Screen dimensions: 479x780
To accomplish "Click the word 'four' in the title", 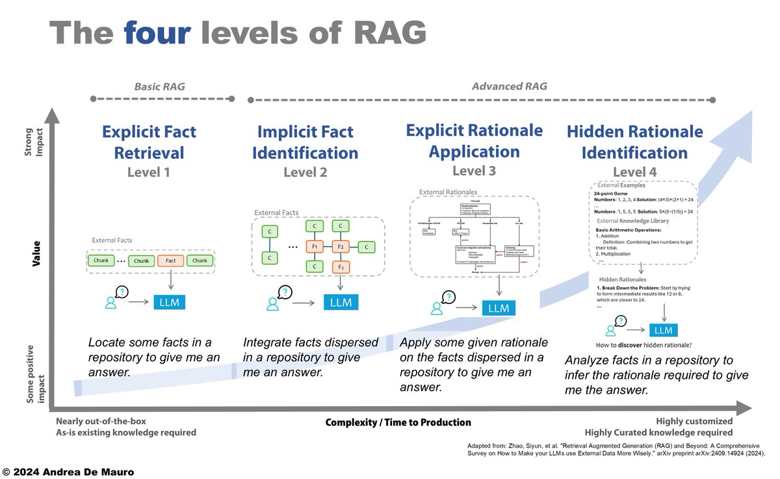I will pos(158,33).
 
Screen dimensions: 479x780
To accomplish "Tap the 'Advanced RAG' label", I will pos(509,86).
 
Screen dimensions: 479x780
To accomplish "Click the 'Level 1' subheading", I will pos(149,172).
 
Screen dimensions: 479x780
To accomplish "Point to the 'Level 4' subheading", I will pos(634,172).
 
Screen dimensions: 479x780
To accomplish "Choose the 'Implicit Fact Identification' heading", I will pos(305,143).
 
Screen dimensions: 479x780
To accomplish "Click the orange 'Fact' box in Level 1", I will pos(171,260).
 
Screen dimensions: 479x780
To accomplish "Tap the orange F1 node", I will pos(314,247).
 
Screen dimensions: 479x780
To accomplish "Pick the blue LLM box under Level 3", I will pos(499,308).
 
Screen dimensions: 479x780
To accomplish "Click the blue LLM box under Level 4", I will pos(663,330).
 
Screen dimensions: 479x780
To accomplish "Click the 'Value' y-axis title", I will pos(38,253).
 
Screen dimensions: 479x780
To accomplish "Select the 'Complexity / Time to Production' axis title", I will pos(398,422).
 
